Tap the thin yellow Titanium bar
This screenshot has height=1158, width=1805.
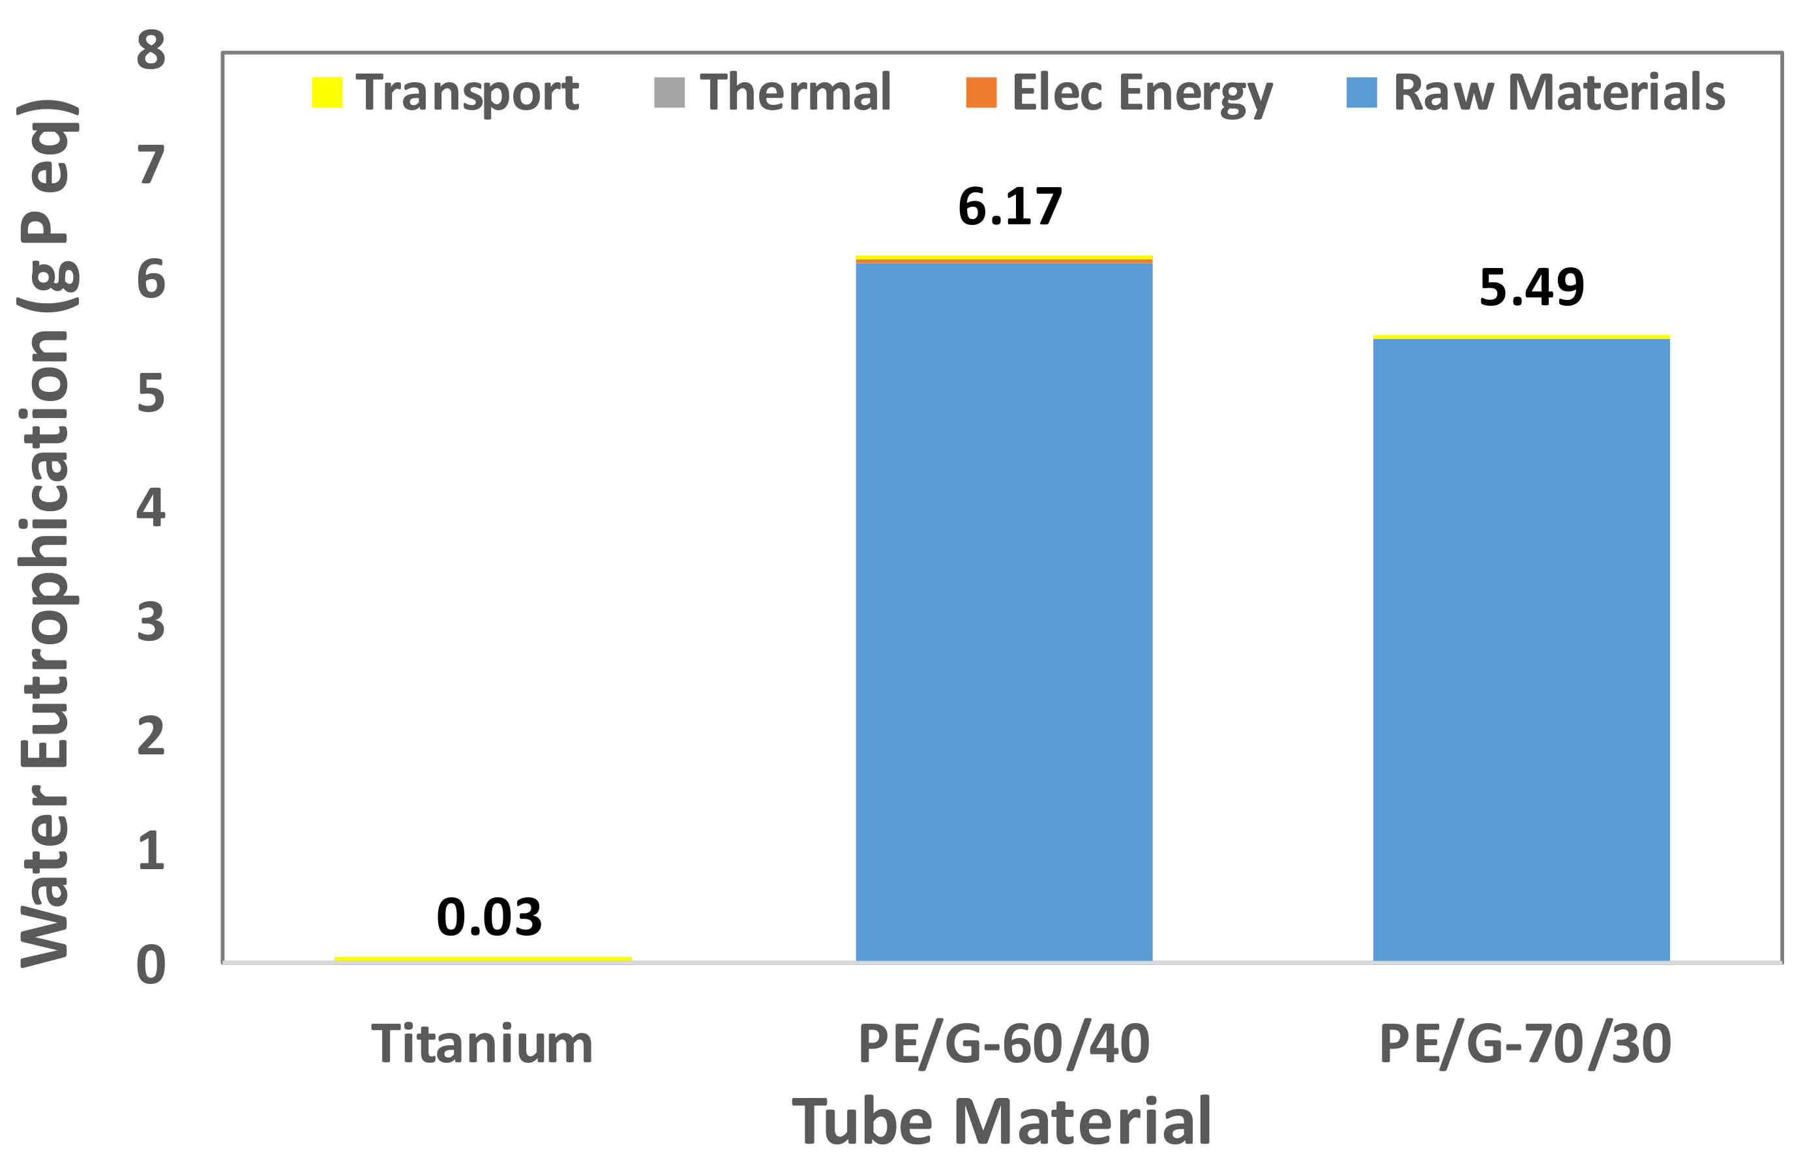click(483, 958)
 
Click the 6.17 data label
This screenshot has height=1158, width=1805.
click(1009, 207)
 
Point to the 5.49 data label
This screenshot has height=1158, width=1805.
click(1531, 288)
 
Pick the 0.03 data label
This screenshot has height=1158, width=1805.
click(489, 917)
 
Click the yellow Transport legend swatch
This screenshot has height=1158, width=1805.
click(327, 93)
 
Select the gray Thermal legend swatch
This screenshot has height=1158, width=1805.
click(669, 93)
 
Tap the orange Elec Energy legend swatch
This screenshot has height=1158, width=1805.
click(981, 93)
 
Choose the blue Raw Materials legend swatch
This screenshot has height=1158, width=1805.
click(1362, 93)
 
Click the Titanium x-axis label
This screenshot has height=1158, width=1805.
click(482, 1045)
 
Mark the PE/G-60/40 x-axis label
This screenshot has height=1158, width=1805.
click(1004, 1045)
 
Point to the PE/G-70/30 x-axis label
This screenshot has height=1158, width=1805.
click(1525, 1045)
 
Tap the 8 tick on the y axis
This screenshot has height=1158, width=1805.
click(151, 50)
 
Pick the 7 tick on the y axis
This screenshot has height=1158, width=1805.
click(151, 165)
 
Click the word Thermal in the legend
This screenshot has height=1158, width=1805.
click(795, 93)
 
